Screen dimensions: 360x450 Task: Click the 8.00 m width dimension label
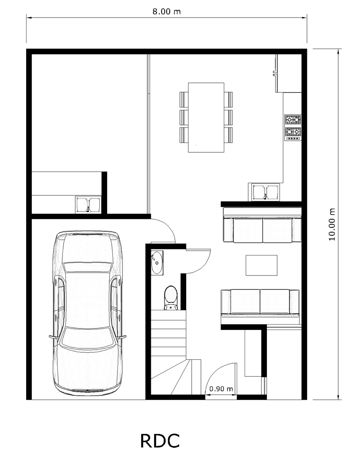167,11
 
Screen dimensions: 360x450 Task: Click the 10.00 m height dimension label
332,225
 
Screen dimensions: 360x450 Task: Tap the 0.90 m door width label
221,389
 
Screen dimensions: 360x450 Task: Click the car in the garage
88,313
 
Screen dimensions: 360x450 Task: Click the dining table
206,117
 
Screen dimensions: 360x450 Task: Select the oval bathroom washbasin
157,263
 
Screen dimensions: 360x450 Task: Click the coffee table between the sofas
261,265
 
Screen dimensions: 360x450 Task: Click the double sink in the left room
88,205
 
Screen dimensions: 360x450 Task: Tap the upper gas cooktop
293,120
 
